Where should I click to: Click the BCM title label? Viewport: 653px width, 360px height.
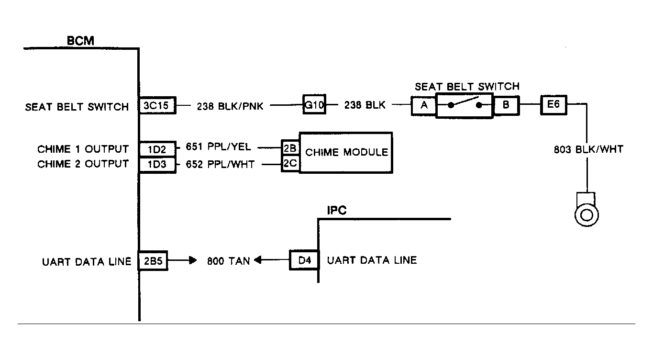point(80,41)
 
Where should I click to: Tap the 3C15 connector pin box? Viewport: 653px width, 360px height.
point(157,105)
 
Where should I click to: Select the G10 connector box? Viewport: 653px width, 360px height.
point(314,104)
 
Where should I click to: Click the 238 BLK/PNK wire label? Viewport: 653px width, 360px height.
point(230,106)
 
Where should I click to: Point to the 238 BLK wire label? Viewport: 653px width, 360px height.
point(365,105)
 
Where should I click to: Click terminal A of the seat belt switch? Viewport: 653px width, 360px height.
point(423,106)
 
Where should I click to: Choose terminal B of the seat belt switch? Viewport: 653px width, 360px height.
point(506,105)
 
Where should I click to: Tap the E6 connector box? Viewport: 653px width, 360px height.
point(553,105)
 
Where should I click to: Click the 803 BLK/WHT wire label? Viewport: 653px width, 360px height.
point(588,149)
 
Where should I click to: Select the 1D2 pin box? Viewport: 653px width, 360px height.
point(157,149)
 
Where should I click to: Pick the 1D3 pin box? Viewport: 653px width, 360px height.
point(157,165)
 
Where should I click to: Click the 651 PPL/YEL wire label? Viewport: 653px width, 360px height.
point(218,146)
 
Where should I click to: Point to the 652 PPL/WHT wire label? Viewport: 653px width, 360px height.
point(220,165)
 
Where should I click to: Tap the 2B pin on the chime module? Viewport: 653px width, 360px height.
point(290,148)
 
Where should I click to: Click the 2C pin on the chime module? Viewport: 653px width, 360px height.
point(290,163)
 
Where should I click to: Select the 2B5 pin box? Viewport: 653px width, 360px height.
point(153,260)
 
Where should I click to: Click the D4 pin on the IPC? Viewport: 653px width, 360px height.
point(304,260)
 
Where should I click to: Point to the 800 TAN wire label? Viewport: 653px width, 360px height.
point(229,261)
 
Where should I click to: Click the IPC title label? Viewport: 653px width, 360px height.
point(337,210)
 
